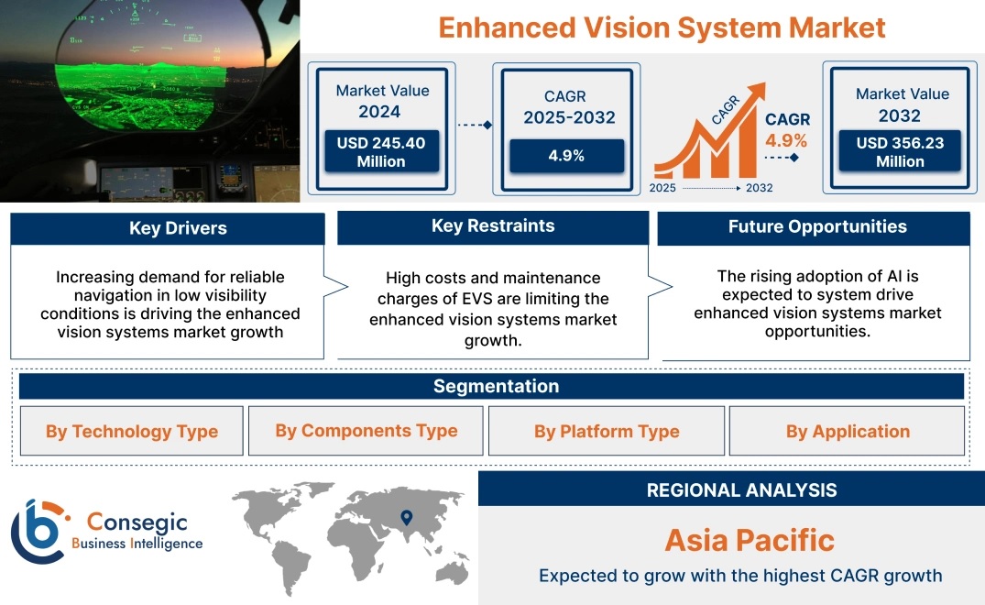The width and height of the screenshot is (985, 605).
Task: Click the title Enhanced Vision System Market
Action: point(662,27)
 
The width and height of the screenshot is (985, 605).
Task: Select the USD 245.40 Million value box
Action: point(381,151)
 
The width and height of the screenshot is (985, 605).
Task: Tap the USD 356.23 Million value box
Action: point(900,151)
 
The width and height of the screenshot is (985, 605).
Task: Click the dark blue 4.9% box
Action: point(566,156)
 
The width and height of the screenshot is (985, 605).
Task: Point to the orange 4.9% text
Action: point(786,140)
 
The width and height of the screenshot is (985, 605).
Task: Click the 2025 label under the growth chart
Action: point(662,188)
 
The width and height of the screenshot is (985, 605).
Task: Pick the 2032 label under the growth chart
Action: point(759,188)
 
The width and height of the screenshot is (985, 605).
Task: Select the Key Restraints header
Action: point(493,226)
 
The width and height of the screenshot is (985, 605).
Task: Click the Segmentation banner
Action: point(491,386)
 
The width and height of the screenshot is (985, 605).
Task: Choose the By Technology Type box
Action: point(131,431)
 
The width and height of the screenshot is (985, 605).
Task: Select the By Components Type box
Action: point(366,431)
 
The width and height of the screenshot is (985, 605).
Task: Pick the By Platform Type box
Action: point(607,431)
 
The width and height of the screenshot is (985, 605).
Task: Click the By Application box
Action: point(847,431)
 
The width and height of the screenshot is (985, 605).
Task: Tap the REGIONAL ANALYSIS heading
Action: point(742,490)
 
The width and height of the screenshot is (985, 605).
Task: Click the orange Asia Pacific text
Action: point(750,540)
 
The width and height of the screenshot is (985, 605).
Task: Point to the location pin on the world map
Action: point(407,518)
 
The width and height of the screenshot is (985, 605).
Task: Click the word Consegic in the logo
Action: point(137,522)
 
